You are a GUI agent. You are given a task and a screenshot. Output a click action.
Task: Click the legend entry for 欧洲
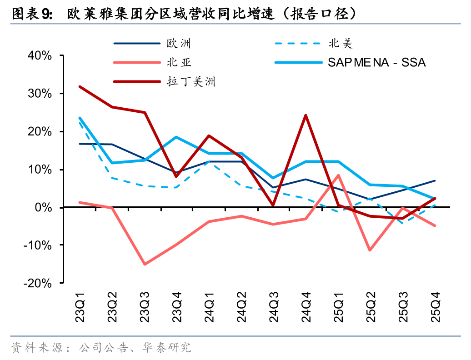tap(179, 44)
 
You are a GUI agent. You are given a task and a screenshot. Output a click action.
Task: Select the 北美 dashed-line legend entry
tap(341, 44)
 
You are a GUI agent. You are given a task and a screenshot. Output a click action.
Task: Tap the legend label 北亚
tap(179, 63)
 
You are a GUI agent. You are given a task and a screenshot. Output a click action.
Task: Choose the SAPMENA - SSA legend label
tap(377, 63)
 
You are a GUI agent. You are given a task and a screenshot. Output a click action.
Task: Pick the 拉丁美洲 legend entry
tap(190, 82)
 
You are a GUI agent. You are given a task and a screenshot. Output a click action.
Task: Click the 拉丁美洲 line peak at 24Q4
tap(306, 115)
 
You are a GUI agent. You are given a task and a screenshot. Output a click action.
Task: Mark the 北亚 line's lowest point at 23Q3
tap(145, 264)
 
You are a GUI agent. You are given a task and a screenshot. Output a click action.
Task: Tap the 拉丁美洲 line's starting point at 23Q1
tap(80, 86)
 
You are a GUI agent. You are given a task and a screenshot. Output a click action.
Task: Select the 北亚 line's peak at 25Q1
tap(338, 175)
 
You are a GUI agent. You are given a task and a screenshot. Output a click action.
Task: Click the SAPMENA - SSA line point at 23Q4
tap(177, 137)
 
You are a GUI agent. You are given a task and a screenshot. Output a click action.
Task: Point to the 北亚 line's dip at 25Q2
tap(370, 250)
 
